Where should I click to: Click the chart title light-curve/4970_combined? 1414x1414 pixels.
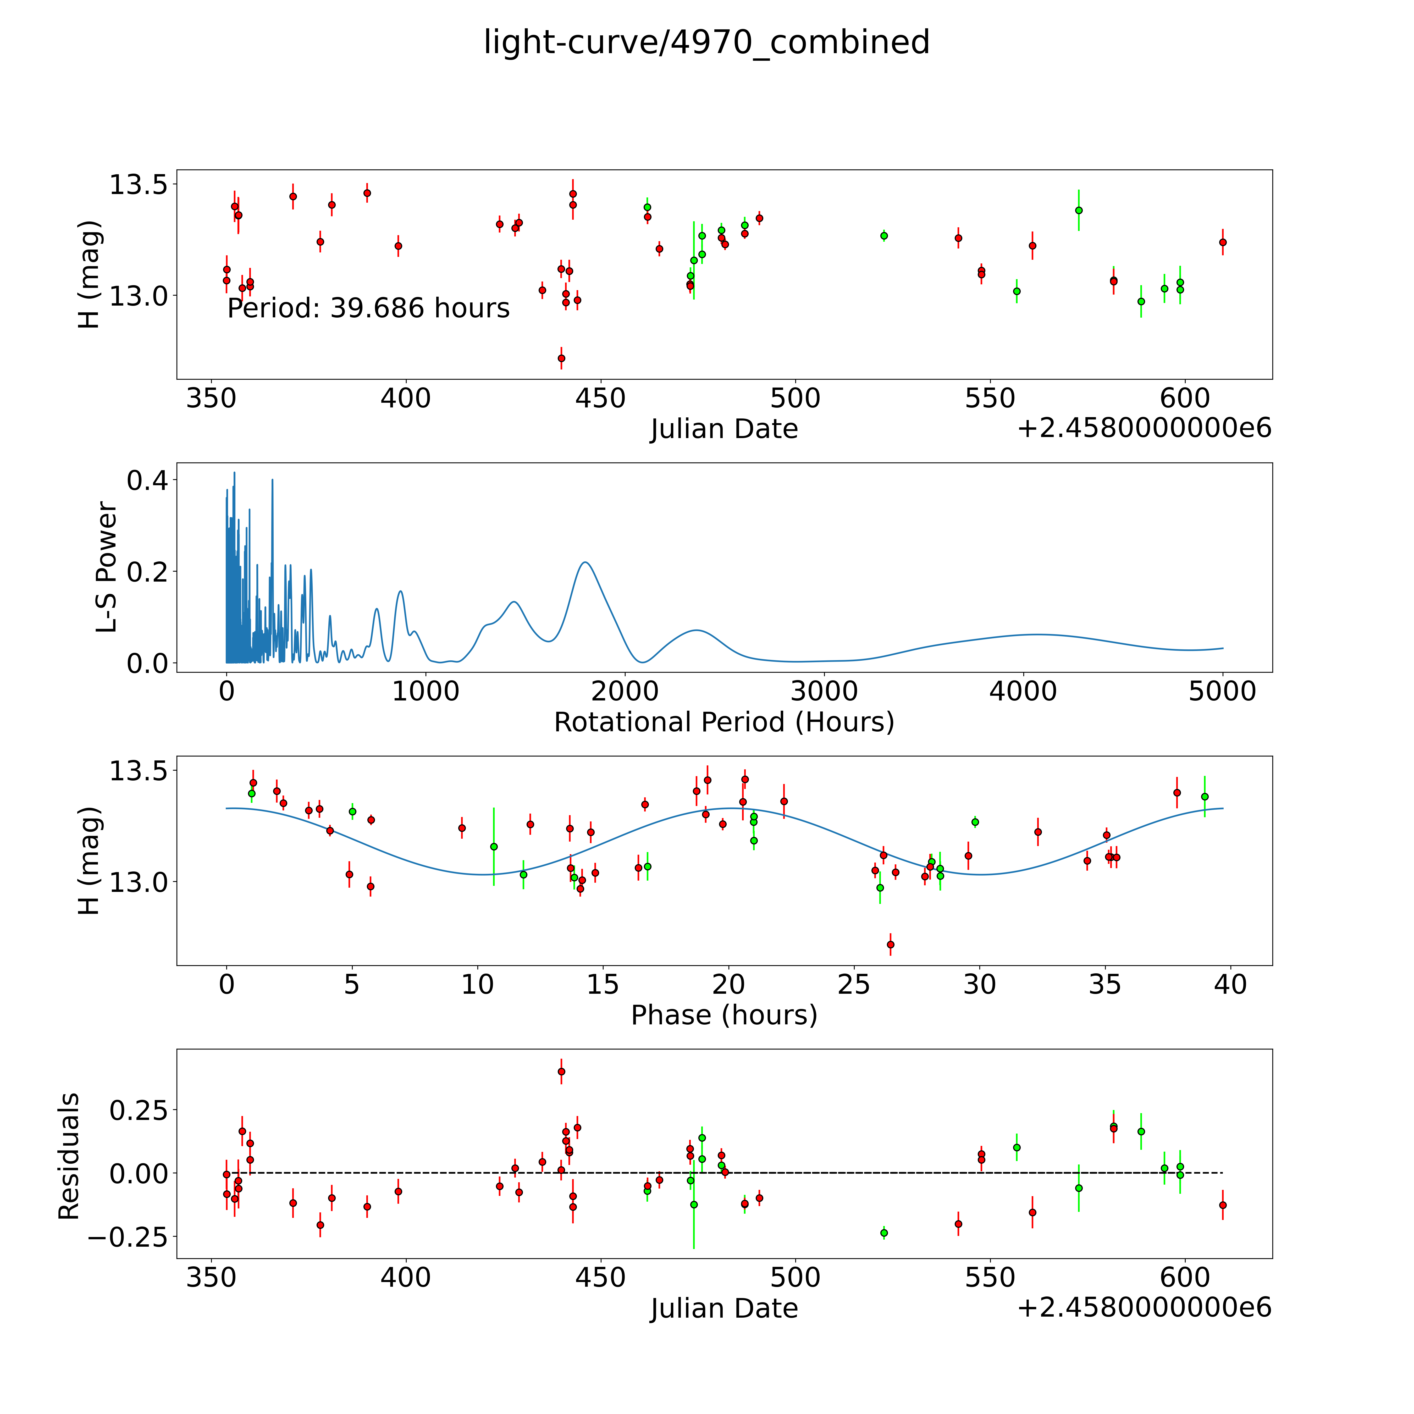coord(706,42)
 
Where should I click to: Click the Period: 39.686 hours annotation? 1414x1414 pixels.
coord(368,308)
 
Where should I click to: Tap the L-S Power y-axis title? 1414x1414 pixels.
coord(107,567)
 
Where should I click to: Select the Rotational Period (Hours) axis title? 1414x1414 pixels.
coord(724,722)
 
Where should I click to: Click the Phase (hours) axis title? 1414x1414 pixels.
coord(724,1015)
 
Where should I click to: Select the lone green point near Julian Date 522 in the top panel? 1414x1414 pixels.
coord(884,236)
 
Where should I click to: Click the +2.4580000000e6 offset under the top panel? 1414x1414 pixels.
coord(1144,428)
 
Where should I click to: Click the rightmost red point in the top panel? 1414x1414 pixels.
coord(1222,242)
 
